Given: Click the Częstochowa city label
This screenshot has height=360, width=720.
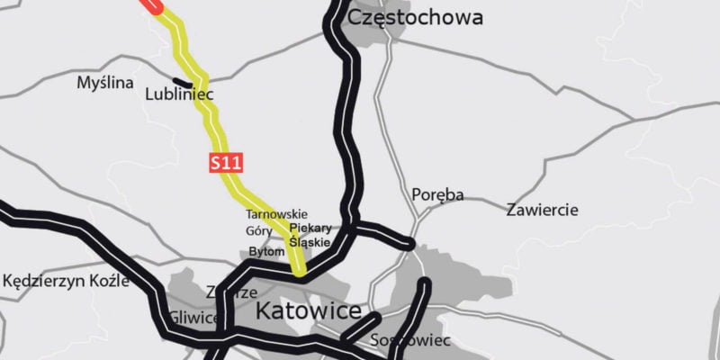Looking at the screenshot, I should coord(415,17).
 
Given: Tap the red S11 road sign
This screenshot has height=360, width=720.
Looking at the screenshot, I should coord(227,163).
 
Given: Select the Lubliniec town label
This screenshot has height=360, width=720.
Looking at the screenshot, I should coord(179,92).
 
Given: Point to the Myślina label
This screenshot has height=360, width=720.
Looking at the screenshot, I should coord(105,83).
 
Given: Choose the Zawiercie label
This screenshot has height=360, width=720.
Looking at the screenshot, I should coord(543,210).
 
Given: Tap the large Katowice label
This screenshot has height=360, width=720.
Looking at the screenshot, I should coord(309,312).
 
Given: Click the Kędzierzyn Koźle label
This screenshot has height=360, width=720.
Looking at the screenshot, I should coord(66,281).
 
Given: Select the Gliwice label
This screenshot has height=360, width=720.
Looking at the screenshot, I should coord(193,318).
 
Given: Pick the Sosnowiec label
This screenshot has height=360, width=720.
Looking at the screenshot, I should coord(409,341).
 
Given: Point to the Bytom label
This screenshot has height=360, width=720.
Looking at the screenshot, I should coord(265,251).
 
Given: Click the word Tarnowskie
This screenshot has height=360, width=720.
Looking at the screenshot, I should coord(276,215).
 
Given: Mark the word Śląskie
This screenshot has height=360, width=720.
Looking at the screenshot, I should coord(310,243).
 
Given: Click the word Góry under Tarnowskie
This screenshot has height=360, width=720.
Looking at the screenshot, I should coord(259,230).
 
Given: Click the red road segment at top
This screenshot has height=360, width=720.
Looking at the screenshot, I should coord(153,5).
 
